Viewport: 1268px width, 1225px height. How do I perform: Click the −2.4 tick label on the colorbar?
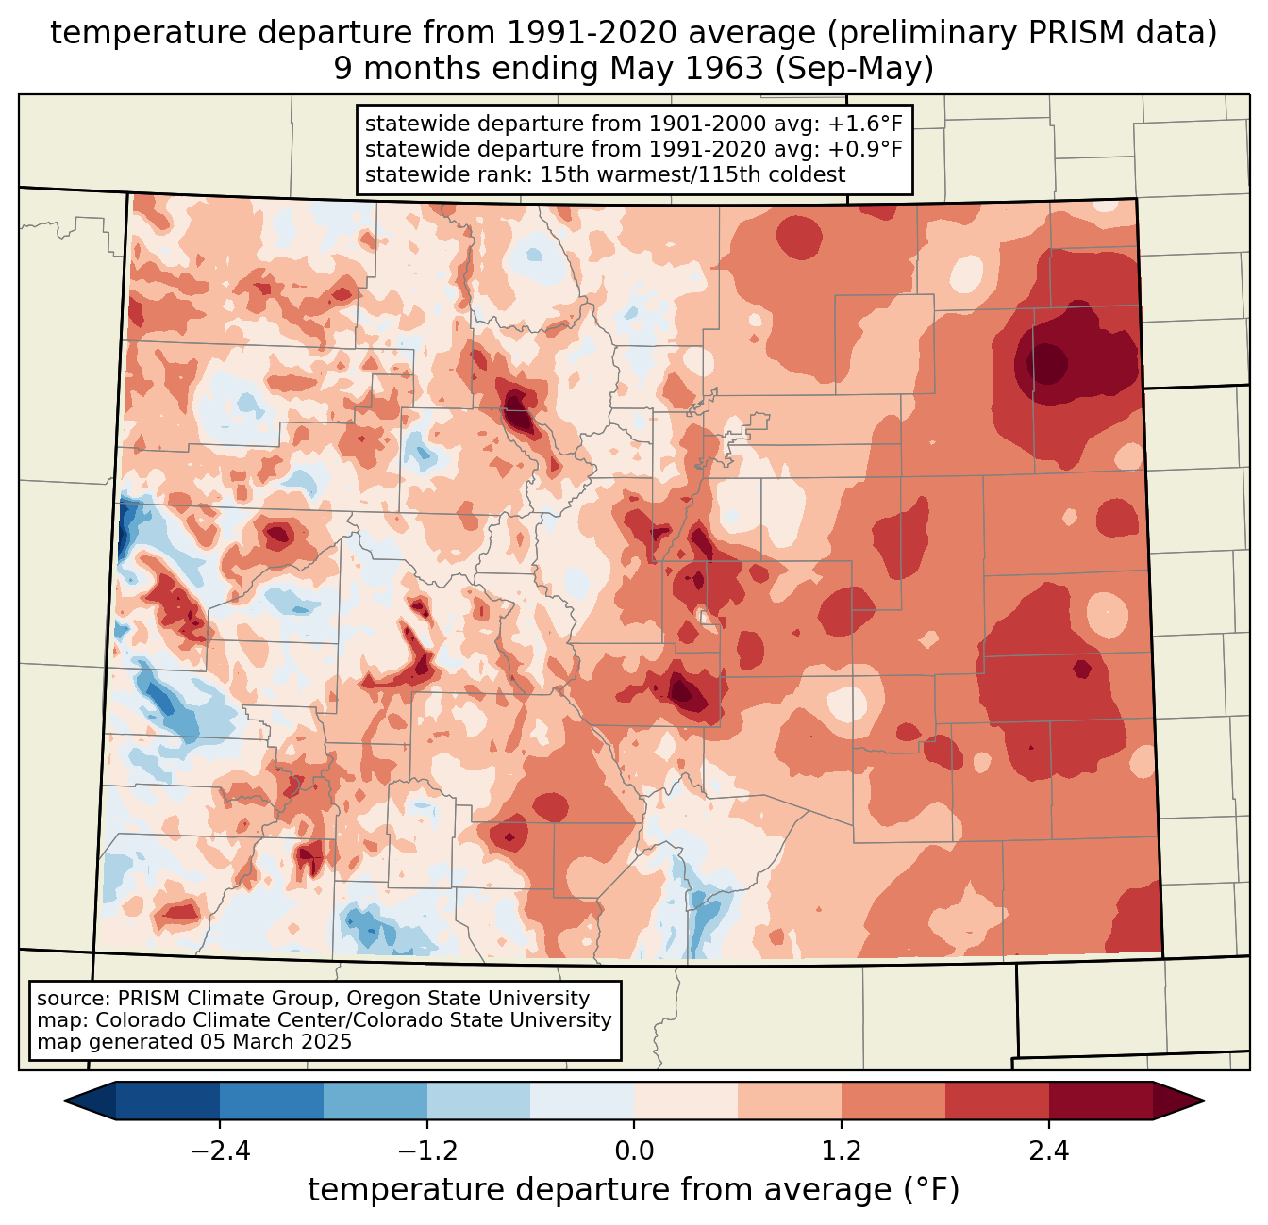point(220,1151)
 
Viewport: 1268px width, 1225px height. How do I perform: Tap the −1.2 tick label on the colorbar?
point(427,1151)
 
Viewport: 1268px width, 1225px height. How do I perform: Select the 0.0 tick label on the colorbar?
point(634,1151)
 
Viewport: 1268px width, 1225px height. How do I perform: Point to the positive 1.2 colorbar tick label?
point(842,1151)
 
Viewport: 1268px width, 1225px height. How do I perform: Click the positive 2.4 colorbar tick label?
point(1049,1151)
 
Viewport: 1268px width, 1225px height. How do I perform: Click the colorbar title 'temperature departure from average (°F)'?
point(634,1190)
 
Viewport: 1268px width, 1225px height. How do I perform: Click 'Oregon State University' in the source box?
point(480,999)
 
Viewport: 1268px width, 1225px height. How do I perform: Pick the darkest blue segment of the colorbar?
point(168,1101)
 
